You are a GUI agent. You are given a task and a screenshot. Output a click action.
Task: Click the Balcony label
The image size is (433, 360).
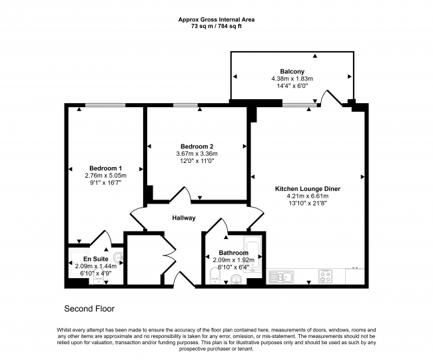292,71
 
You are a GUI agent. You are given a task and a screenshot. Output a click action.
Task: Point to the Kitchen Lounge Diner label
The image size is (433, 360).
307,189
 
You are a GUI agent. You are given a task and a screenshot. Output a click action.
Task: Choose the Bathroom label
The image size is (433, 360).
234,253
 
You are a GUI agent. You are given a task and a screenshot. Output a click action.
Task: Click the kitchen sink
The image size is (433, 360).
280,276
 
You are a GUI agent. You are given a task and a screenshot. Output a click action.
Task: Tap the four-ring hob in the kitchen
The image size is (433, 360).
326,275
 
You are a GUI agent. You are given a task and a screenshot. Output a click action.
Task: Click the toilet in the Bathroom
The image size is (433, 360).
215,276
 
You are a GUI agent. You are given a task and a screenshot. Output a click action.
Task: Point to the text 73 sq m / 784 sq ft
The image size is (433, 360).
216,27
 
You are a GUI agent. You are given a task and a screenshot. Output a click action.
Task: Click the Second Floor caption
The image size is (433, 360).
89,309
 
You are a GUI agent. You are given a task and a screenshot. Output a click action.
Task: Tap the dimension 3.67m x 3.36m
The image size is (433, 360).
197,154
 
